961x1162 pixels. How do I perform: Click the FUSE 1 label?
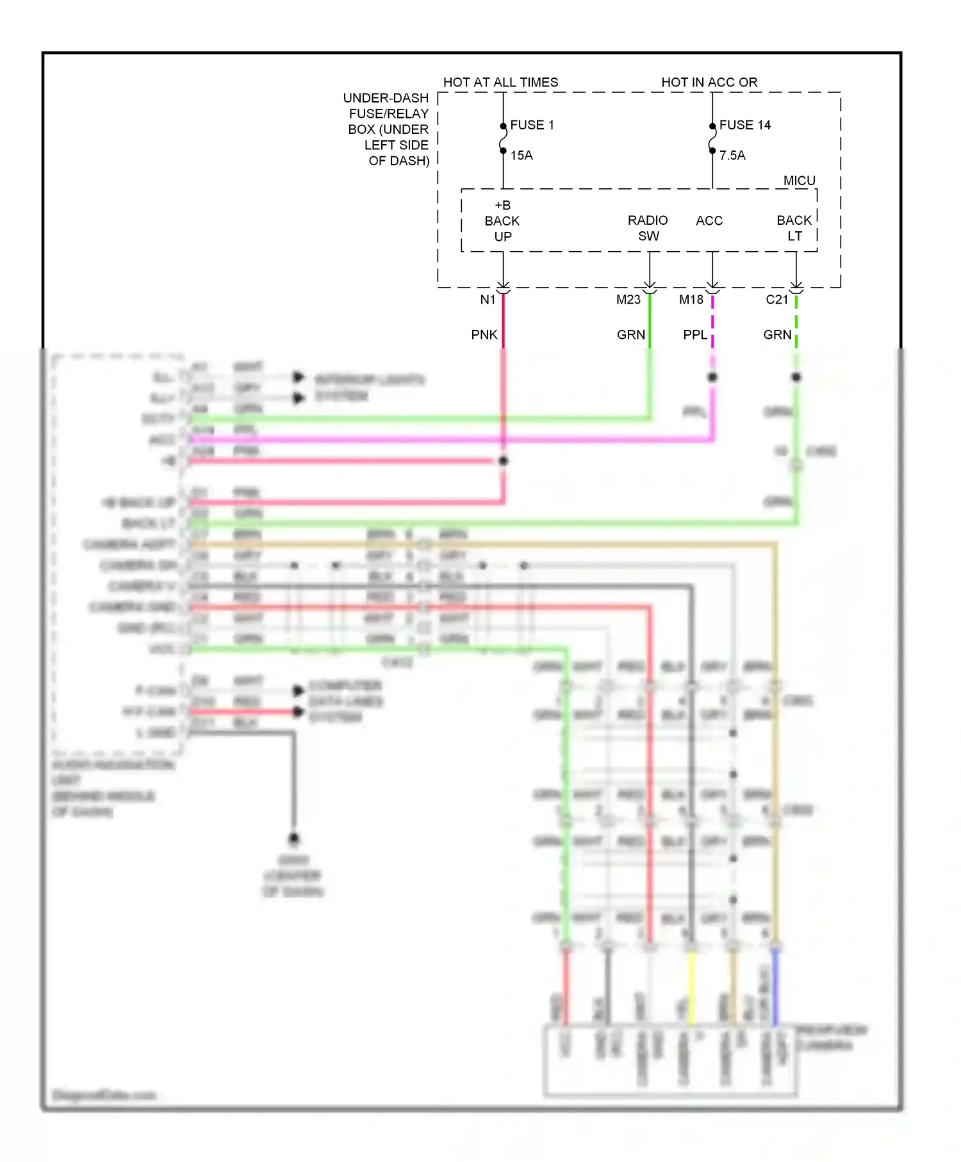(x=532, y=125)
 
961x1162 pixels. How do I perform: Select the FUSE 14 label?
(x=744, y=125)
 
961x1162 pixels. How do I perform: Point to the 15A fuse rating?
(x=522, y=155)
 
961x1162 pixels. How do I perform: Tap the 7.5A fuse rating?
(x=732, y=155)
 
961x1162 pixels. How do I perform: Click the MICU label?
(x=799, y=181)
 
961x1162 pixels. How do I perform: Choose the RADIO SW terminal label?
(x=648, y=228)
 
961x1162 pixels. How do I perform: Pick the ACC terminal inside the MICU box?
(x=709, y=220)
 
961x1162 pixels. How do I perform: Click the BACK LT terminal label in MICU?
(x=794, y=228)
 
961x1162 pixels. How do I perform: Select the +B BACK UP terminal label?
(x=502, y=221)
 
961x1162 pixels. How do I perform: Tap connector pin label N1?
(x=488, y=299)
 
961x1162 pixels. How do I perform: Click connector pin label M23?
(x=628, y=299)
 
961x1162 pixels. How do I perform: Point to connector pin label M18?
(x=691, y=299)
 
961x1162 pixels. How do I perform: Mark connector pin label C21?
(x=776, y=299)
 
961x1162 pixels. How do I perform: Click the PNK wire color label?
(x=484, y=334)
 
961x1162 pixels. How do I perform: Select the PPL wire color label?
(x=695, y=334)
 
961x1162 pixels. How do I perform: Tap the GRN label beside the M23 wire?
(x=630, y=334)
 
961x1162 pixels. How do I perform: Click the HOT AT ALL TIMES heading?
(x=500, y=82)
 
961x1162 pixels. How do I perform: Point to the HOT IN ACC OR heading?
(x=709, y=82)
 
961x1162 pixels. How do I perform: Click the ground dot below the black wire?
(x=294, y=838)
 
